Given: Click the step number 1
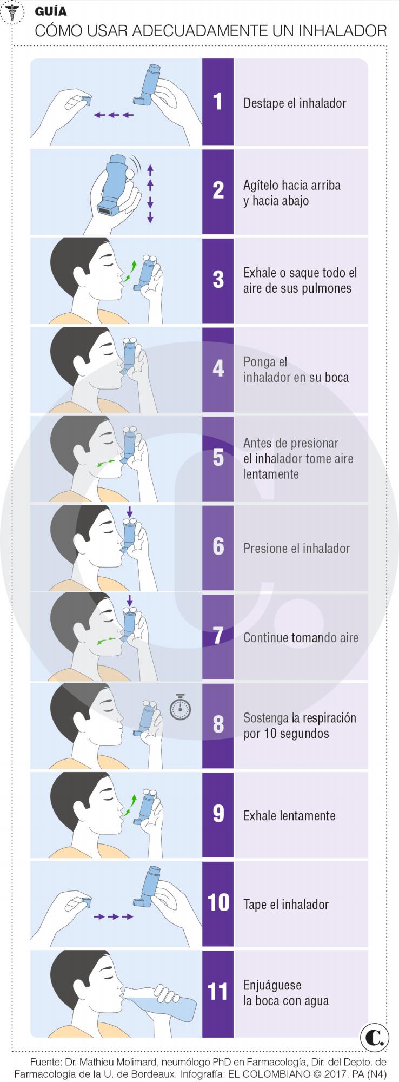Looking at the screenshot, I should coord(218,102).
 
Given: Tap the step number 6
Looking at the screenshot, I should coord(218,547).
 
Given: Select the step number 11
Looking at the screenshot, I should coord(218,992).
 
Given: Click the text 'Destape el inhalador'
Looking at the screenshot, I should coord(295,103).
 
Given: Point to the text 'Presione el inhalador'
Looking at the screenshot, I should coord(296,548).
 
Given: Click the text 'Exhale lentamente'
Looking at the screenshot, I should coord(289,815).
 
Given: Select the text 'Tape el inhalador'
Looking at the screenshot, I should coord(286,904).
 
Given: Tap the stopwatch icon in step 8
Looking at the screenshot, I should coord(181,708).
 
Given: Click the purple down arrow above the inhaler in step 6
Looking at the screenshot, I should coord(129,511).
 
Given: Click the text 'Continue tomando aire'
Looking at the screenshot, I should coord(301,637).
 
